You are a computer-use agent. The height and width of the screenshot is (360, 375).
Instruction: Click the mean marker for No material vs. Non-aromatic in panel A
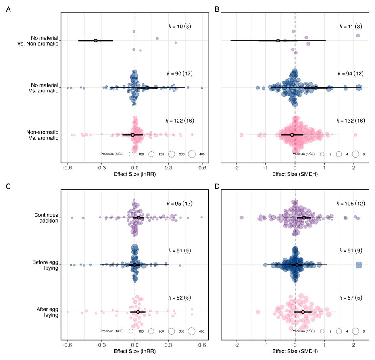click(96, 40)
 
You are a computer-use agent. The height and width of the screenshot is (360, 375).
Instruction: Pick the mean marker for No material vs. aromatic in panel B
click(316, 87)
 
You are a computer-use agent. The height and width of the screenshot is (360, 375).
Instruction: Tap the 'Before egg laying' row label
click(45, 265)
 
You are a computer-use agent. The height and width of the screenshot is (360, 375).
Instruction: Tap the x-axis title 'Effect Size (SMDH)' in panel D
click(295, 352)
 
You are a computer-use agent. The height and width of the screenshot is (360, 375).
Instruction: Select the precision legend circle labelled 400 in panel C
click(192, 331)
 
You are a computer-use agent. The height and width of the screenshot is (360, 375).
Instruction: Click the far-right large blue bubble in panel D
click(359, 265)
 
